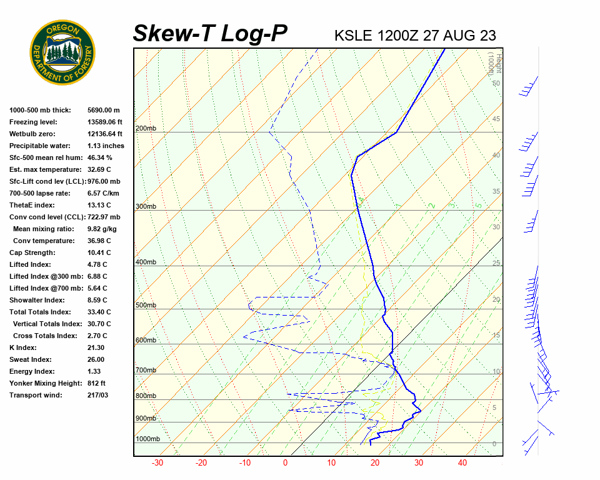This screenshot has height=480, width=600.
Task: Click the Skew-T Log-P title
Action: pyautogui.click(x=210, y=33)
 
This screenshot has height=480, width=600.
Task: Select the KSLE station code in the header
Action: pyautogui.click(x=354, y=35)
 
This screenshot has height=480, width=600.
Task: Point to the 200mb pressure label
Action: pyautogui.click(x=146, y=129)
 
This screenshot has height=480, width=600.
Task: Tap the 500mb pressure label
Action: pyautogui.click(x=146, y=306)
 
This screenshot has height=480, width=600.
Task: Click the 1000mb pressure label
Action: pyautogui.click(x=147, y=439)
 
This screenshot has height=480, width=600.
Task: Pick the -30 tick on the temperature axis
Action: pyautogui.click(x=157, y=463)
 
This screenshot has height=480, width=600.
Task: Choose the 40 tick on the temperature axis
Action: pyautogui.click(x=462, y=463)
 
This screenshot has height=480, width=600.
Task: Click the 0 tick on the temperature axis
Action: pyautogui.click(x=286, y=463)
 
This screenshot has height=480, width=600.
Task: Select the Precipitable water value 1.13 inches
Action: pyautogui.click(x=106, y=146)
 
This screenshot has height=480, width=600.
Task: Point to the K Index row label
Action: pyautogui.click(x=23, y=347)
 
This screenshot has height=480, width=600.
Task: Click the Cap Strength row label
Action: pyautogui.click(x=32, y=252)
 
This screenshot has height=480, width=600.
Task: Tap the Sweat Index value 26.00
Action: pyautogui.click(x=96, y=359)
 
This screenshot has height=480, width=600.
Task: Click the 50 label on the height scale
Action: pyautogui.click(x=496, y=83)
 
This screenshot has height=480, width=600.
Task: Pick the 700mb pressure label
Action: pyautogui.click(x=146, y=371)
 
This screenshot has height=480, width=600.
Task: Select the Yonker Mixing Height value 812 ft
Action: pyautogui.click(x=96, y=383)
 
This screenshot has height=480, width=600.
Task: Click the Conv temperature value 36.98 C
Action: pyautogui.click(x=99, y=241)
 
